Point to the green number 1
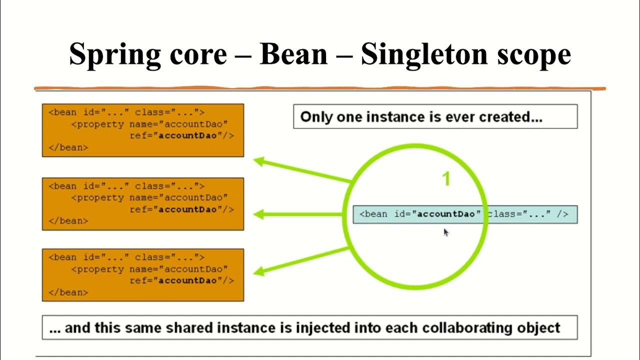pyautogui.click(x=446, y=179)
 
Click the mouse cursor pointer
pyautogui.click(x=445, y=231)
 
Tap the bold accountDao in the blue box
pyautogui.click(x=446, y=214)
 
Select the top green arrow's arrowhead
pyautogui.click(x=259, y=161)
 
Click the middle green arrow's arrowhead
pyautogui.click(x=259, y=214)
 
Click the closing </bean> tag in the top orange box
pyautogui.click(x=68, y=147)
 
